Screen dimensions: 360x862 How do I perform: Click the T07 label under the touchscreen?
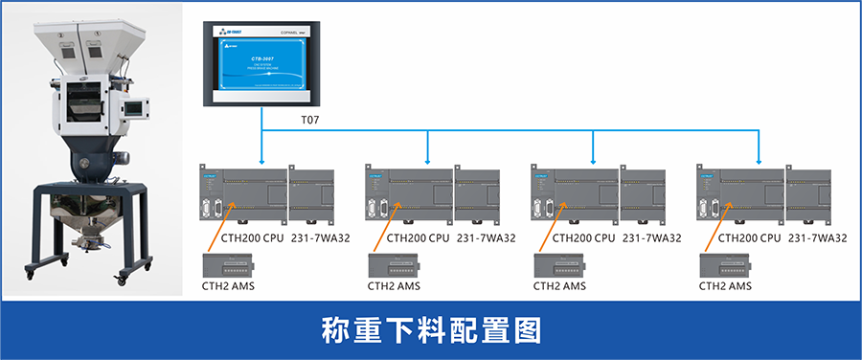click(309, 122)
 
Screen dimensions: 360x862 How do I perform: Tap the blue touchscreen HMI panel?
click(263, 63)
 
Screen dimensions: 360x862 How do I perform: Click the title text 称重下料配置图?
click(431, 328)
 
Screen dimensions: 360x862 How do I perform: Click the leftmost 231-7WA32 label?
click(321, 238)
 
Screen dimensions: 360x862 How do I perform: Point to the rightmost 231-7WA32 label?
click(817, 238)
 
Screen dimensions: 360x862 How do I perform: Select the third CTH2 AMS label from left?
click(559, 285)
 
